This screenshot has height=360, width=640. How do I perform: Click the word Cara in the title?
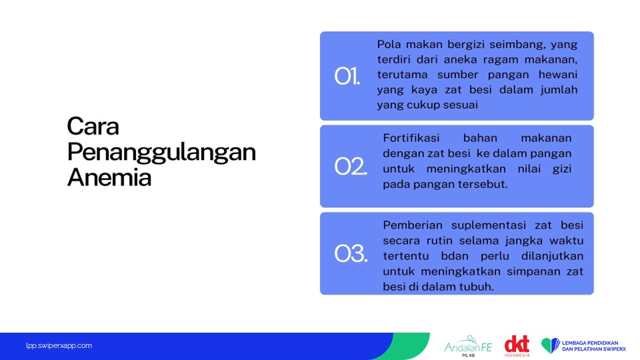(93, 126)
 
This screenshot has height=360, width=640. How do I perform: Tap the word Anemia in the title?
(109, 177)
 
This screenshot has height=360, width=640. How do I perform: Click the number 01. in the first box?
(347, 76)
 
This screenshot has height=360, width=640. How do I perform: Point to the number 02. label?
(351, 167)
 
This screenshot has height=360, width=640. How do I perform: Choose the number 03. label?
(351, 253)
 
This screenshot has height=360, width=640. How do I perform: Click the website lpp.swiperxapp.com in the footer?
(59, 346)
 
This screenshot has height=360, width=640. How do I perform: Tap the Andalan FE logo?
(468, 346)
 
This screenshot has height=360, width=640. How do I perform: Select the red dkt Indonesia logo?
(517, 346)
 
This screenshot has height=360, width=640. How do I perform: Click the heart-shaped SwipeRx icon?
(550, 345)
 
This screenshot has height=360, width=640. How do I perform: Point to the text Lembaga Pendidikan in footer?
(590, 343)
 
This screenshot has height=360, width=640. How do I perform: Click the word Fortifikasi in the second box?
(411, 138)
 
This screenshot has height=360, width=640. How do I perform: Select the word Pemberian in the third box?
(407, 225)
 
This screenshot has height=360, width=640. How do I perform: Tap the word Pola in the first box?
(389, 44)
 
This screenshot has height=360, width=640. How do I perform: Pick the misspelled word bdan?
(455, 256)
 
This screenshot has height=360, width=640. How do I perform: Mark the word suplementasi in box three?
(482, 226)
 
